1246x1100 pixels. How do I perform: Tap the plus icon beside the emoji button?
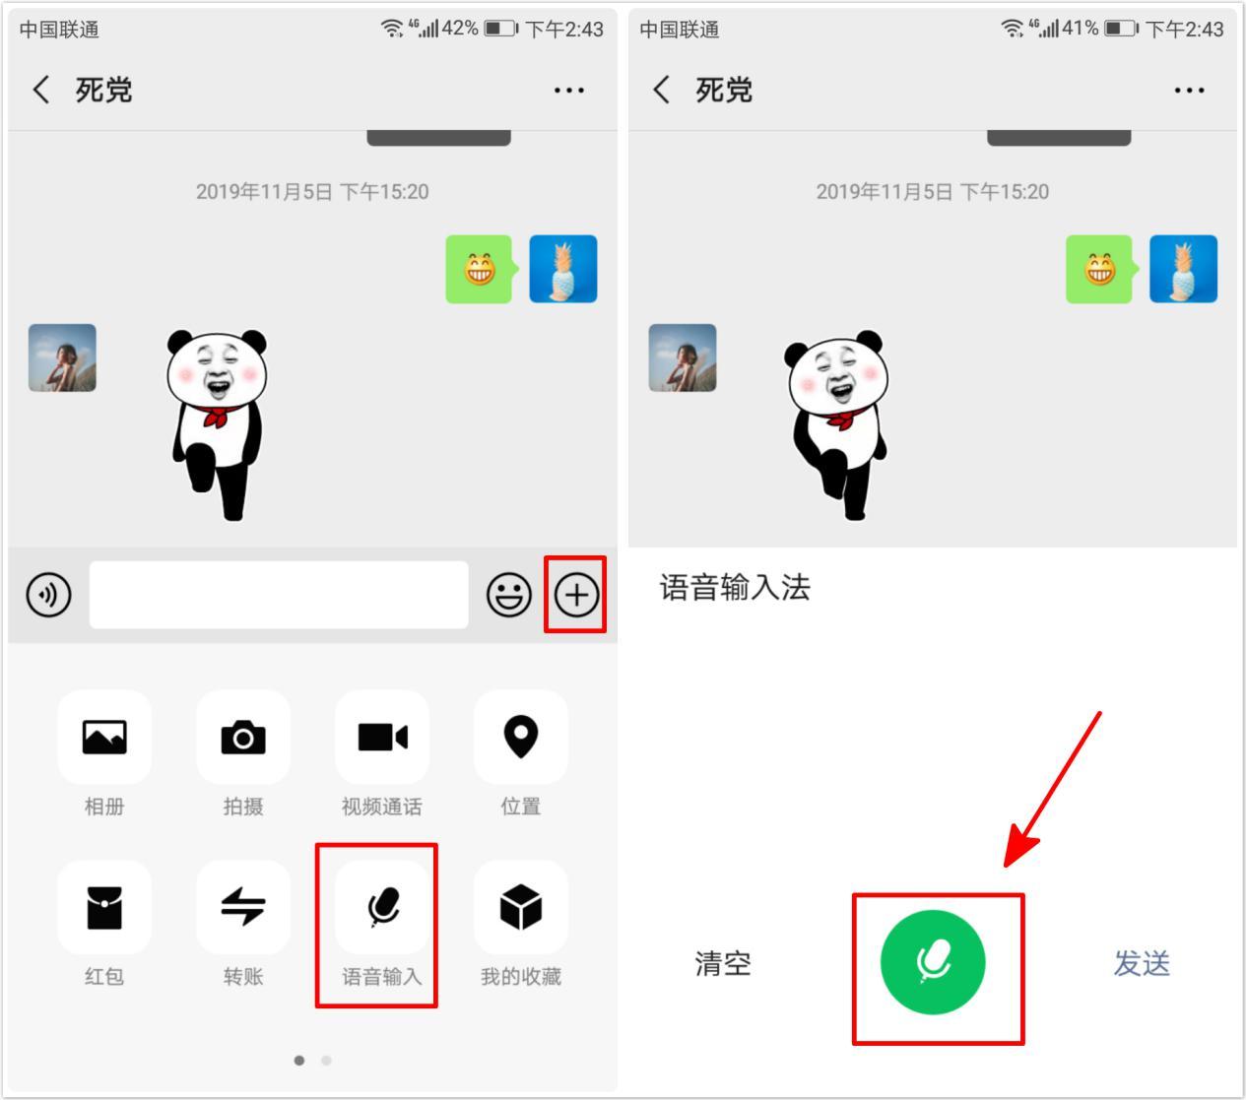(x=576, y=595)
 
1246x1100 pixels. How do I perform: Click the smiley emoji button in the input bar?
(x=508, y=595)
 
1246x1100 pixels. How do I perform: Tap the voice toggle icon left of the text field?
(x=48, y=595)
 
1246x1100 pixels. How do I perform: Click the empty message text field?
(x=279, y=594)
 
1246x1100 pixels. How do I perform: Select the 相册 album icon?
(x=104, y=737)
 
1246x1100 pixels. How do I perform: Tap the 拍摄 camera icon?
(x=243, y=737)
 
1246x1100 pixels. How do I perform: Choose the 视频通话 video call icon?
(x=382, y=737)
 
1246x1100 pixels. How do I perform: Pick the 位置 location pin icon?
(x=521, y=736)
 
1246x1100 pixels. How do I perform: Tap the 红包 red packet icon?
(x=104, y=907)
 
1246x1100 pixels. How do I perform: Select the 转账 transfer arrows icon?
(x=243, y=906)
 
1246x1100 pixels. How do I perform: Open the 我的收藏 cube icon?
(x=521, y=907)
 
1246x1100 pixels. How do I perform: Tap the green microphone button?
(x=933, y=962)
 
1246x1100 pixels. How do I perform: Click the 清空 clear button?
(x=723, y=963)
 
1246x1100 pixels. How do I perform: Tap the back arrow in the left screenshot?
(x=40, y=90)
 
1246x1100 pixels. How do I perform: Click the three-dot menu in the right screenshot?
(x=1189, y=91)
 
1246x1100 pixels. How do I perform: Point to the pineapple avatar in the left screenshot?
(x=562, y=269)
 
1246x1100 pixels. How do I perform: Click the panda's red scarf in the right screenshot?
(x=847, y=419)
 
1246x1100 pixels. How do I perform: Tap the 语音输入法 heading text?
(x=735, y=587)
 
